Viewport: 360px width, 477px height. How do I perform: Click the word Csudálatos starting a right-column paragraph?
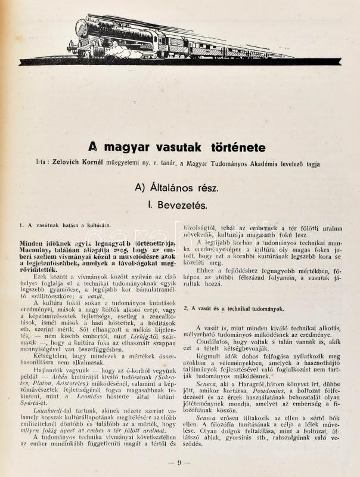click(216, 335)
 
